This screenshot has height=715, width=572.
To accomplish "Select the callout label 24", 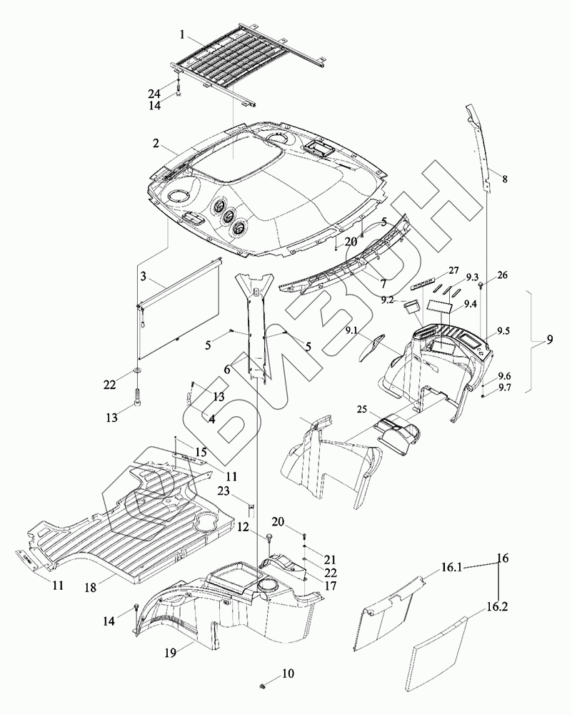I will [154, 93].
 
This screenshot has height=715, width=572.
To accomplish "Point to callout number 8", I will [505, 179].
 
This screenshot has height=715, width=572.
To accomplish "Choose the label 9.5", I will [503, 332].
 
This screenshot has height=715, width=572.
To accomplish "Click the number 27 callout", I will [453, 271].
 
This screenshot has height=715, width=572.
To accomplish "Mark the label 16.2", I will [498, 607].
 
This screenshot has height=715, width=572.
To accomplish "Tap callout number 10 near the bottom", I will [287, 673].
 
